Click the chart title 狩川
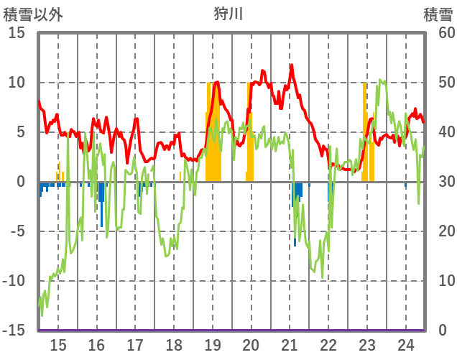point(228,14)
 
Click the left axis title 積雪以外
point(33,14)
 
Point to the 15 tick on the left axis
point(17,33)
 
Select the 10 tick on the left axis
point(17,83)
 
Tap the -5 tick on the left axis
point(17,231)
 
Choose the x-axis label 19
point(213,344)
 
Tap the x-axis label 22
point(328,344)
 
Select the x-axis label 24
point(405,344)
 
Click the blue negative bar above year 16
point(101,193)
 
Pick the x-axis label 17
point(135,344)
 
